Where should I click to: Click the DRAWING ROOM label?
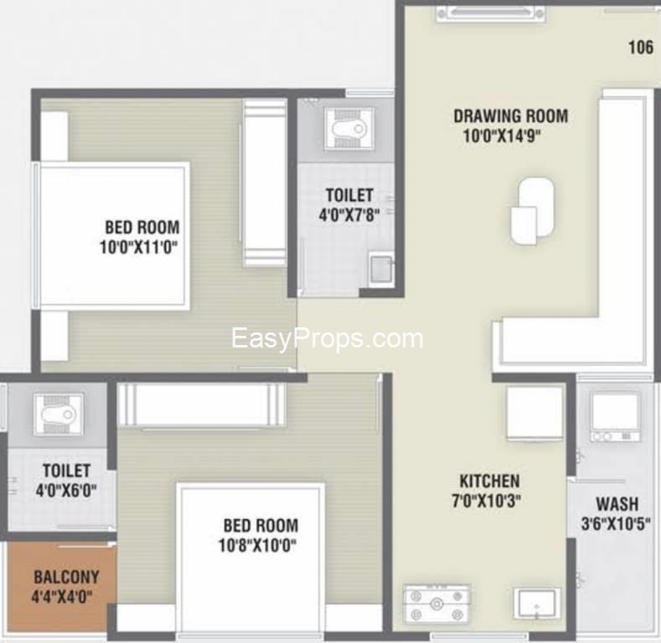[x=510, y=116]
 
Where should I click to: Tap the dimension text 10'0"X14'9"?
[x=502, y=136]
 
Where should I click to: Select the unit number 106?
[x=641, y=47]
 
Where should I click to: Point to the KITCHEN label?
[x=489, y=481]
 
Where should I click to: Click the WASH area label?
[x=617, y=504]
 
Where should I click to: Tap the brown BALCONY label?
[x=66, y=577]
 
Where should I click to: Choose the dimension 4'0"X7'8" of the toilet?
[x=349, y=215]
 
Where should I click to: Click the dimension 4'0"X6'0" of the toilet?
[x=66, y=491]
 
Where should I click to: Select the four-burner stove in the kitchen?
[x=436, y=604]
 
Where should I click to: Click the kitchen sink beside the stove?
[x=537, y=604]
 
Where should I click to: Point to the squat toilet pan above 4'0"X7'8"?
[x=349, y=129]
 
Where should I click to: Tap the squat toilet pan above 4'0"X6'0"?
[x=59, y=414]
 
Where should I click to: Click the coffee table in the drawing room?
[x=533, y=211]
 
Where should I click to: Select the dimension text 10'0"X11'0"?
[x=139, y=246]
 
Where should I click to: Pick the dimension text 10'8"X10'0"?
[x=257, y=545]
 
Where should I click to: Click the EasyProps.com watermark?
[x=327, y=338]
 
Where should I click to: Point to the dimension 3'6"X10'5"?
[x=616, y=524]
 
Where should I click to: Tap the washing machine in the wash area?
[x=615, y=418]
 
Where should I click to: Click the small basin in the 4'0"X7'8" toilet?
[x=381, y=269]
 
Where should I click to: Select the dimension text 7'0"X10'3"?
[x=486, y=501]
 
